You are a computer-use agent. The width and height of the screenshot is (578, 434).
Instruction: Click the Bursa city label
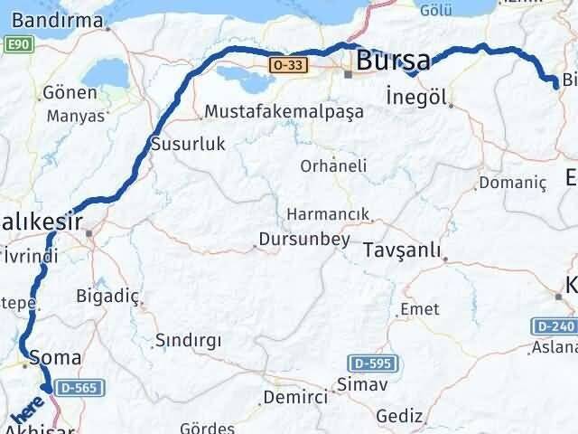click(394, 61)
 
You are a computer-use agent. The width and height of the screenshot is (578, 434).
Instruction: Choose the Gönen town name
click(70, 93)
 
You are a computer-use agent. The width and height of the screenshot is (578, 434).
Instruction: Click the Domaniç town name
click(513, 183)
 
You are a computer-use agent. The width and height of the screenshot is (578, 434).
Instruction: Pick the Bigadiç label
click(108, 295)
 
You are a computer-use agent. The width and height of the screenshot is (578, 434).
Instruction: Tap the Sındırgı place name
click(188, 341)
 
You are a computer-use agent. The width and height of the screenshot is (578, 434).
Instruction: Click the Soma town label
click(50, 357)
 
